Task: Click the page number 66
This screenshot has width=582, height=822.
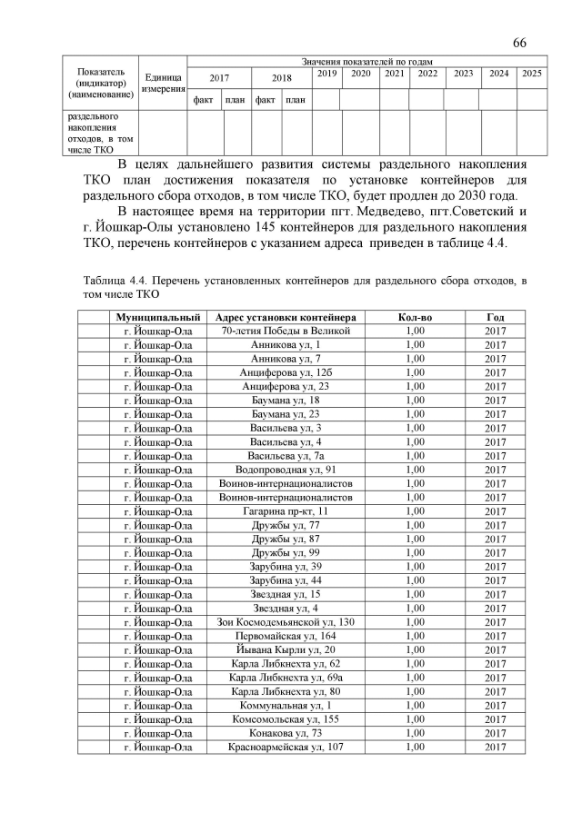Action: tap(520, 43)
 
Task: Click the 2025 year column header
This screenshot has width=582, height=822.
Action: tap(532, 73)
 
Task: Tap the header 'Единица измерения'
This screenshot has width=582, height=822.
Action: tap(163, 83)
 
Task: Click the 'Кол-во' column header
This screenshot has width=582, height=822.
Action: tap(416, 318)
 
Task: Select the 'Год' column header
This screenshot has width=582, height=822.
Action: tap(495, 318)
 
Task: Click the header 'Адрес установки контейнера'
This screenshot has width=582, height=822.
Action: tap(286, 318)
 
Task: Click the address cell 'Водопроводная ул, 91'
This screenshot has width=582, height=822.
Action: tap(286, 470)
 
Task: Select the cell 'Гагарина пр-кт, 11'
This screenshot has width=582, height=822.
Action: tap(286, 511)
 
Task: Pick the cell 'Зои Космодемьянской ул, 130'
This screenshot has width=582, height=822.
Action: tap(286, 622)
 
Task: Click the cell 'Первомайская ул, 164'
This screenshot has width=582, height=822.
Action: tap(286, 636)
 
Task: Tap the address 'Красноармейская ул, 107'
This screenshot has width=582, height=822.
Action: tap(286, 747)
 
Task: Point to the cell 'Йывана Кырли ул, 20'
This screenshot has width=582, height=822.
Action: tap(286, 650)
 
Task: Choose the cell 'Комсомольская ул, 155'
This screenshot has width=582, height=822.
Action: tap(286, 719)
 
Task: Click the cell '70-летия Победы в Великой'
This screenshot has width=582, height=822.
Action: tap(286, 332)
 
